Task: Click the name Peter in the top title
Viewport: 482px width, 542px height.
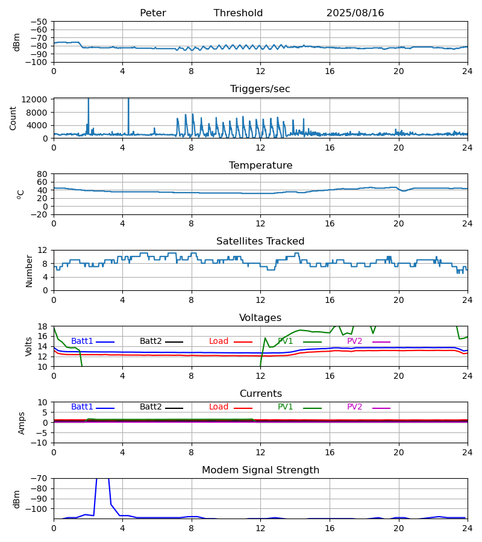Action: [152, 13]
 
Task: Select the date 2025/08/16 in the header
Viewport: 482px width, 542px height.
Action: [355, 13]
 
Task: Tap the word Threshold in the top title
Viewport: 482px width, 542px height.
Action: [238, 13]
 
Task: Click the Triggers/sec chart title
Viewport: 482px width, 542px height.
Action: [260, 89]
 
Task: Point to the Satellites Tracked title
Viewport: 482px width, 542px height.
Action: [260, 241]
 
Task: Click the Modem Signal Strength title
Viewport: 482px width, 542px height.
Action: [260, 470]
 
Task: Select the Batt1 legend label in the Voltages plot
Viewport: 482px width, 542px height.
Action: [82, 341]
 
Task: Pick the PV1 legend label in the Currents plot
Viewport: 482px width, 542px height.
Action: [285, 407]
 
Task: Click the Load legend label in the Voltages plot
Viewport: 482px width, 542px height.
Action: [219, 341]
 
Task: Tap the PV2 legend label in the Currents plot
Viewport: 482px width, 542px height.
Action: [354, 407]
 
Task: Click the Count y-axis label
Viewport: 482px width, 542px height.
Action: [13, 118]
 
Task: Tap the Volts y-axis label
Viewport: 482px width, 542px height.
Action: [30, 346]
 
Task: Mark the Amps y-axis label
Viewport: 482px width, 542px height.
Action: [22, 423]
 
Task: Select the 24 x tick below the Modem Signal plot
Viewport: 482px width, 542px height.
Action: [467, 528]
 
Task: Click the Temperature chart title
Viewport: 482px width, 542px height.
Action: [260, 166]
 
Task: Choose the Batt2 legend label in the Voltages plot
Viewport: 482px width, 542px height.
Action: [151, 341]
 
